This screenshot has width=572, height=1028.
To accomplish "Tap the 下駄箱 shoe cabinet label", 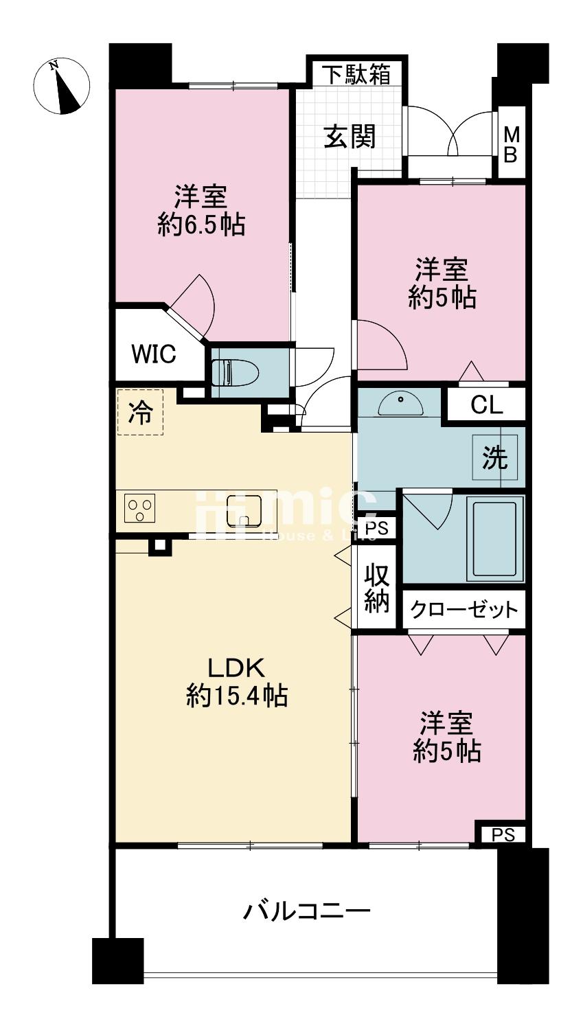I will [x=356, y=73].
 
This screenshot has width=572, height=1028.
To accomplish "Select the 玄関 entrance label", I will [x=350, y=137].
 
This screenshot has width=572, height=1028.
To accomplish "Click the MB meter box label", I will [x=511, y=144].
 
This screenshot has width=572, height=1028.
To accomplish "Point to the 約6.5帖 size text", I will [x=201, y=225].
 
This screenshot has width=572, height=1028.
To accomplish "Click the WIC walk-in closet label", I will [x=154, y=354].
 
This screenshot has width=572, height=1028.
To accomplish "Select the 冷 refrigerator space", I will [x=141, y=412].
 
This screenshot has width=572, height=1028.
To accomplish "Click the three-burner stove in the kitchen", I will [x=140, y=509].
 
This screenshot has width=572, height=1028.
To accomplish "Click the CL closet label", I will [x=486, y=405].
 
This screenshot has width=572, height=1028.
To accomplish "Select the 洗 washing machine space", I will [x=494, y=458].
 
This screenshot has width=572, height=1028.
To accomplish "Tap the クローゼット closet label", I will [x=464, y=609].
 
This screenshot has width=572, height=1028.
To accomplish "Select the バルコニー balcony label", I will [x=308, y=912].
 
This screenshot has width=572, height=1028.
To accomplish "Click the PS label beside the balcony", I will [x=501, y=834].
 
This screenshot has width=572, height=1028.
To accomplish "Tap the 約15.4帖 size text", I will [x=236, y=697].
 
